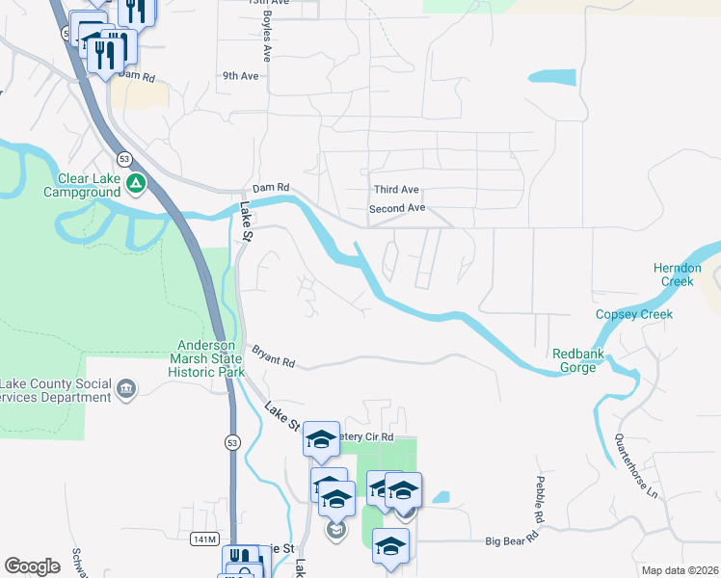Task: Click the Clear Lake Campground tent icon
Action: [x=137, y=181]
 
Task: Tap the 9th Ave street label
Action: [x=240, y=75]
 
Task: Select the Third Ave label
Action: [x=395, y=190]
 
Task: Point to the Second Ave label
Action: [x=396, y=208]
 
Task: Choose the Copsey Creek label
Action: [x=633, y=315]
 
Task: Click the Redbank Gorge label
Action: [x=578, y=360]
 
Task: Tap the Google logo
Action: [x=32, y=565]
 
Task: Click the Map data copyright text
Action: [x=679, y=570]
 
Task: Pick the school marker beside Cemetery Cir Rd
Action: [x=321, y=440]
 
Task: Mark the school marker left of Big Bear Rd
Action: [x=390, y=546]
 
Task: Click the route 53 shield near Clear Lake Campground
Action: [x=124, y=158]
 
